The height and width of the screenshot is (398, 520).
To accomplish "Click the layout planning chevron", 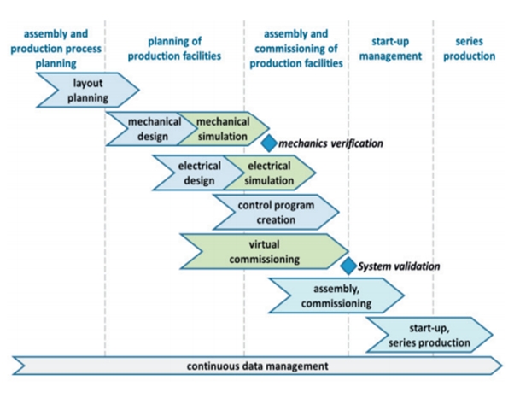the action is click(x=88, y=91).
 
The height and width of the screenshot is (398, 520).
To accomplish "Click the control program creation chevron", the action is click(x=277, y=213).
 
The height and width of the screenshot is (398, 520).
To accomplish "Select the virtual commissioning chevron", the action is click(x=265, y=251).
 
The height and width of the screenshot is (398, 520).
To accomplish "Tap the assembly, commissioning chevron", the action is click(x=336, y=296).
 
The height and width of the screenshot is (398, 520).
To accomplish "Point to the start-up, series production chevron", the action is click(x=429, y=335).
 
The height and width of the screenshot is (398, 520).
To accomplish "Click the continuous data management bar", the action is click(x=257, y=366).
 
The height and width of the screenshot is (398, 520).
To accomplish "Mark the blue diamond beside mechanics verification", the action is click(x=269, y=143).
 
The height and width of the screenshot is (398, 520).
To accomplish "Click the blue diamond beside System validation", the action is click(x=348, y=266).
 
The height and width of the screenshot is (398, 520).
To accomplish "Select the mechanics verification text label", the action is click(x=330, y=143).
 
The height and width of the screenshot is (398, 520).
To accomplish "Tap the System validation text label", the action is click(x=399, y=266).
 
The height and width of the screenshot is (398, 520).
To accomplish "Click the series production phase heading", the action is click(x=470, y=49).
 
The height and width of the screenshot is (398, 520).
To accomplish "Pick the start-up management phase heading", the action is click(x=391, y=49).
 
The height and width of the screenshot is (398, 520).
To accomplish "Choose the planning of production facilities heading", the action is click(x=174, y=49).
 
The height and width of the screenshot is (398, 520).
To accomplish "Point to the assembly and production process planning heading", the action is click(x=56, y=49).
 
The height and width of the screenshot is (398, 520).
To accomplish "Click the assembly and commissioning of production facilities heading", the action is click(x=296, y=49).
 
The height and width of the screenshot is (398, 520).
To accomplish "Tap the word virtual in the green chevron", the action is click(x=265, y=244).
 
